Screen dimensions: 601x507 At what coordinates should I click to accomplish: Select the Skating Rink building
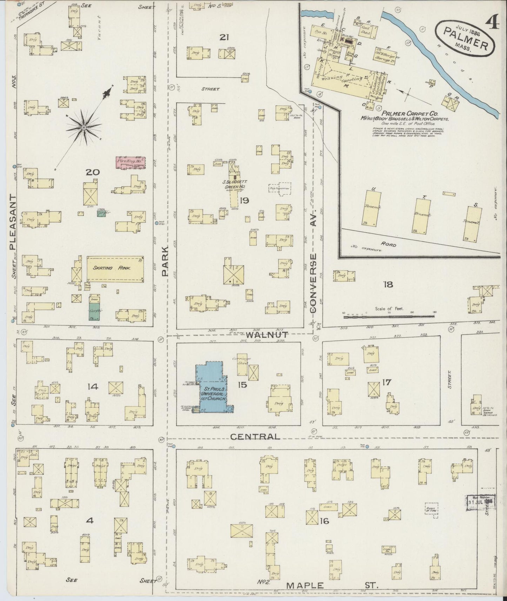point(115,268)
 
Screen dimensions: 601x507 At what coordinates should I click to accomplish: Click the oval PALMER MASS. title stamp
point(466,38)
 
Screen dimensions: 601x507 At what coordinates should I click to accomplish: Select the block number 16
point(324,521)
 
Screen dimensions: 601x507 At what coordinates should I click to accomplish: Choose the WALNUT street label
point(267,335)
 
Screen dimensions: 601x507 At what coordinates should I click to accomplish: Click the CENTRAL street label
point(255,437)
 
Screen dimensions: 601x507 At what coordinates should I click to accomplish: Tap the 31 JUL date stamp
point(479,501)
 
